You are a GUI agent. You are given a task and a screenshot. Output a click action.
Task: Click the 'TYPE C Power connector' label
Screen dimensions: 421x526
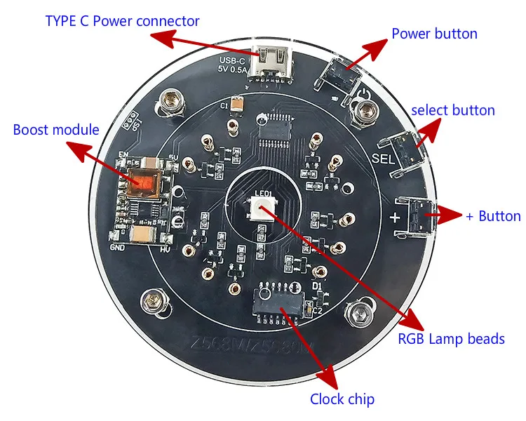pos(123,21)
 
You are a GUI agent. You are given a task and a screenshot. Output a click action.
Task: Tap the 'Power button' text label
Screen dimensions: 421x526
pos(434,34)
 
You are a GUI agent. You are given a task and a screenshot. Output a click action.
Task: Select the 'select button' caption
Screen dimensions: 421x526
pos(453,110)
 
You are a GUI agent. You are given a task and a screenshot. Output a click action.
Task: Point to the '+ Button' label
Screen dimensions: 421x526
pos(493,216)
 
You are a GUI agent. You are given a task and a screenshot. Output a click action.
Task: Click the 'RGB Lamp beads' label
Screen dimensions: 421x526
pos(451,339)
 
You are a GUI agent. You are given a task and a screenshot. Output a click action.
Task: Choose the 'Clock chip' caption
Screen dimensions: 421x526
pos(342,399)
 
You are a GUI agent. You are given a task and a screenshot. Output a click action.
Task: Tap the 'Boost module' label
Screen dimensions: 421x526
pos(56,130)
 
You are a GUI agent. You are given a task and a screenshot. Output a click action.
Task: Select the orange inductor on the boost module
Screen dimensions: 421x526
pos(144,180)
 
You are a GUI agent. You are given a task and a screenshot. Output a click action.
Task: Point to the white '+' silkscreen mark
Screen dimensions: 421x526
pos(395,217)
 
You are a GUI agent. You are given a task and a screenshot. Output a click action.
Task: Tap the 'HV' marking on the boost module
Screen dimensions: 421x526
pos(166,249)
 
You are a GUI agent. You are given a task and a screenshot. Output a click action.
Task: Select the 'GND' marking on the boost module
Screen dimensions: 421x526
pos(117,248)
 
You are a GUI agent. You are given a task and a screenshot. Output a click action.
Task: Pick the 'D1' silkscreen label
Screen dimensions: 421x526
pos(317,287)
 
